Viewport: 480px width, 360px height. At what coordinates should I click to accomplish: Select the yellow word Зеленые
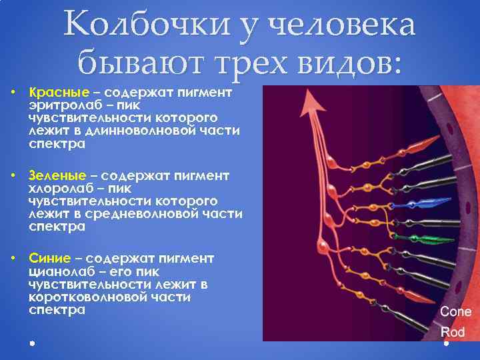pos(57,175)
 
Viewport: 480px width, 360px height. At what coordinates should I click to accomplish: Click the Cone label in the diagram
pos(455,312)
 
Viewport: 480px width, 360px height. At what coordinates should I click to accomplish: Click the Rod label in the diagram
pos(453,331)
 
